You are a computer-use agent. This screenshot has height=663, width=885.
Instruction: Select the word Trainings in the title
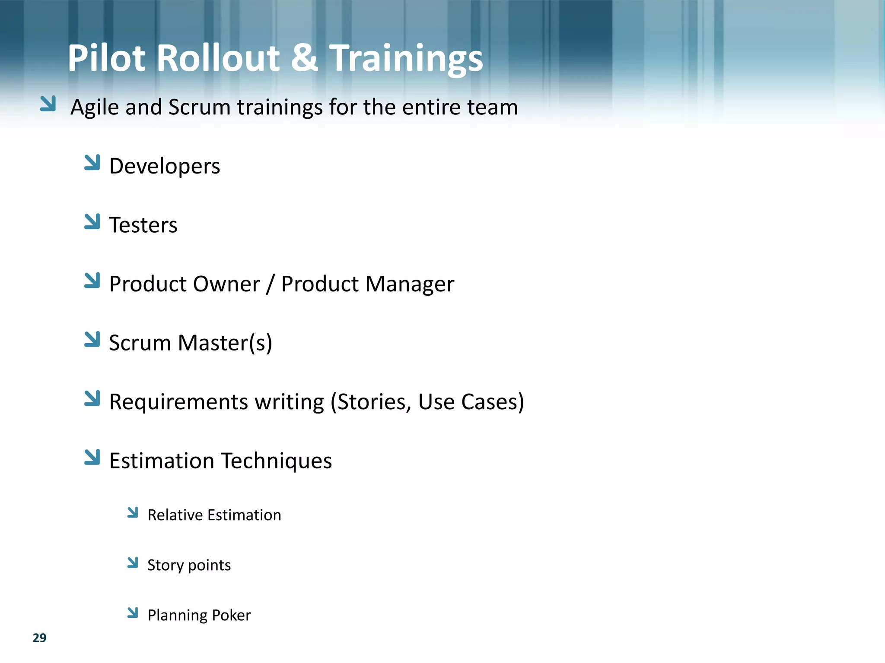(x=406, y=59)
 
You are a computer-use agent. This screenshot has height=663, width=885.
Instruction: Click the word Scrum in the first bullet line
(x=199, y=107)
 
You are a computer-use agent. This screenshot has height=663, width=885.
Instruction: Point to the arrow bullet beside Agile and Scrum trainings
(x=48, y=104)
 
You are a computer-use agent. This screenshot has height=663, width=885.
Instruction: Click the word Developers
(x=165, y=166)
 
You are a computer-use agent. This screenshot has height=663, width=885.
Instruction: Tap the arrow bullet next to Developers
(x=92, y=162)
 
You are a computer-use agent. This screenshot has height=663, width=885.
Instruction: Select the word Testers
(x=143, y=225)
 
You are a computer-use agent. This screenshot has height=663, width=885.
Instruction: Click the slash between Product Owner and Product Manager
(x=271, y=284)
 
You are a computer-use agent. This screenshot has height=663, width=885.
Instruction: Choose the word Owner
(x=226, y=284)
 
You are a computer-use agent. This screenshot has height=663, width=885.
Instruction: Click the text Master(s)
(x=225, y=343)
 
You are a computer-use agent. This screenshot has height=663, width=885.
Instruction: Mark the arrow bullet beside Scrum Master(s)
(x=92, y=339)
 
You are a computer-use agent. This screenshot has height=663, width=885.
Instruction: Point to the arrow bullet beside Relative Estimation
(x=133, y=512)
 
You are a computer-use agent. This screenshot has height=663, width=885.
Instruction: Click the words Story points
(x=189, y=565)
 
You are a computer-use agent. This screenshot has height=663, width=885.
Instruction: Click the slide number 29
(x=39, y=638)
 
